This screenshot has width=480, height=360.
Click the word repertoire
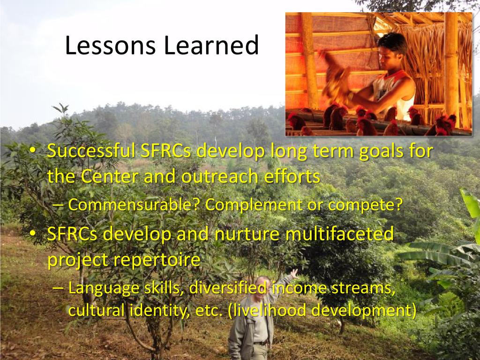click(x=157, y=260)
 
